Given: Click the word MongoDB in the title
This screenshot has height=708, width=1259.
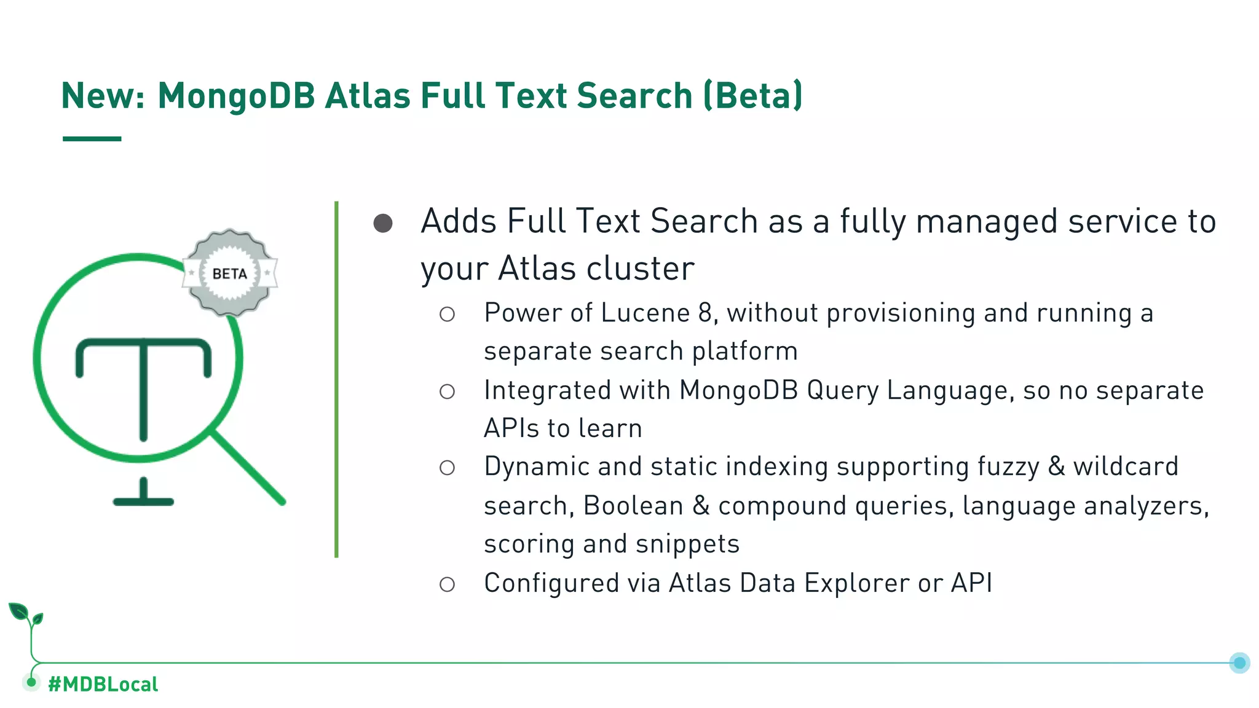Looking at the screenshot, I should pyautogui.click(x=236, y=96).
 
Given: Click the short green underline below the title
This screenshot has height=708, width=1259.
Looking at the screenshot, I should pyautogui.click(x=92, y=139).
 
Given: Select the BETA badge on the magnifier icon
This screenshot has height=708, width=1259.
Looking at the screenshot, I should pyautogui.click(x=230, y=273).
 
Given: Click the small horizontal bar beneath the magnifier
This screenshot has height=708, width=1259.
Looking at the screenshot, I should pyautogui.click(x=143, y=500).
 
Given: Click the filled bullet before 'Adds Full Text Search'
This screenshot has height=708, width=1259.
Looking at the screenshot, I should pyautogui.click(x=383, y=223).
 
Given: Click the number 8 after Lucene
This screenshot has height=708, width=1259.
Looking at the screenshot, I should pyautogui.click(x=704, y=313).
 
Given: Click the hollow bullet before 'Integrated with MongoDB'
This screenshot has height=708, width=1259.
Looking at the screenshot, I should pyautogui.click(x=447, y=391).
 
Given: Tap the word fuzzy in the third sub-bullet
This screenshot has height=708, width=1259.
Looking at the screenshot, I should pyautogui.click(x=1008, y=466).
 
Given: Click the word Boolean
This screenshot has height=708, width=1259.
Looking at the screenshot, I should pyautogui.click(x=633, y=506).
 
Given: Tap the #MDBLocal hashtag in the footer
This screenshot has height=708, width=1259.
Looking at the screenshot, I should pyautogui.click(x=103, y=684).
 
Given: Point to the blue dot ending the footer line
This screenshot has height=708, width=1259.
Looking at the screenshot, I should pyautogui.click(x=1239, y=663).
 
